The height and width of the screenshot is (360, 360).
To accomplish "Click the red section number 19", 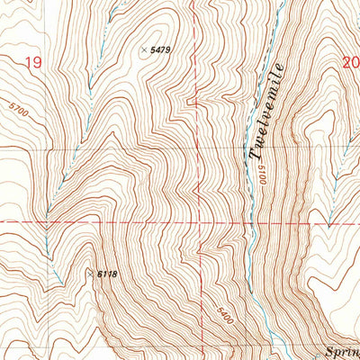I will coord(33,62).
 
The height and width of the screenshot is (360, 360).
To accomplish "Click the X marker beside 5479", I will coord(144,50).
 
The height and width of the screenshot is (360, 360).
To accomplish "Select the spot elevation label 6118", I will coord(108,274).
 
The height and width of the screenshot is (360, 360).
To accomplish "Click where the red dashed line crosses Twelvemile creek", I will coord(252,221).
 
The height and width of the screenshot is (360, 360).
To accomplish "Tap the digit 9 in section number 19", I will coord(38,62).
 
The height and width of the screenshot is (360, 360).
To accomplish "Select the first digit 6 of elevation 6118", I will coord(99,274).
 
